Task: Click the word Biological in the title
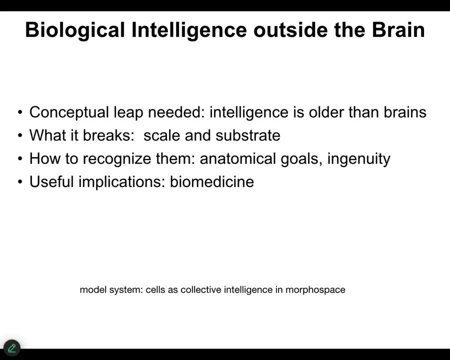click(75, 30)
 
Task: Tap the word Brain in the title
click(398, 30)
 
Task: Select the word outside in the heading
click(290, 30)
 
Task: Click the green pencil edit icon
click(12, 348)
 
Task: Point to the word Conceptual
click(69, 112)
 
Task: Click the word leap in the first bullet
click(128, 112)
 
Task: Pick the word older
click(326, 112)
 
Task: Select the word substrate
click(248, 135)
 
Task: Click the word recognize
click(117, 159)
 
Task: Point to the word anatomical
click(238, 158)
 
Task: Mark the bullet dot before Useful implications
click(20, 181)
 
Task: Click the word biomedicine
click(212, 182)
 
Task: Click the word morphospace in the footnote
click(315, 290)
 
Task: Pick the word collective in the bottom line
click(201, 289)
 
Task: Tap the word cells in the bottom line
click(155, 289)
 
